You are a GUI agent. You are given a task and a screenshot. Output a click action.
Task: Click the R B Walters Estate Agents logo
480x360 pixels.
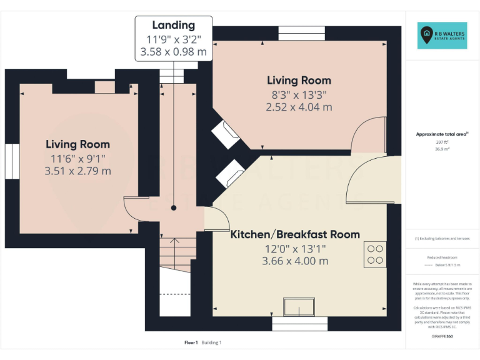442,36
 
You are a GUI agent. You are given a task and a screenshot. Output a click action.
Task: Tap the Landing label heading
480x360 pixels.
174,25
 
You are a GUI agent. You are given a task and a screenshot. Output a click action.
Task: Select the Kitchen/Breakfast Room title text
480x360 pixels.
295,234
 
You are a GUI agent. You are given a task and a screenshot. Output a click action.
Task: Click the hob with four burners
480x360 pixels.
375,253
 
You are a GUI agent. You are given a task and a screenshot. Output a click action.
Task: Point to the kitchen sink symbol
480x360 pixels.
299,307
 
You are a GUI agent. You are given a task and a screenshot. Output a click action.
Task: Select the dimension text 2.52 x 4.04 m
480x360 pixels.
299,107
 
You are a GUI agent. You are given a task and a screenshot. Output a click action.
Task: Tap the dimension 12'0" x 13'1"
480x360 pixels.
295,249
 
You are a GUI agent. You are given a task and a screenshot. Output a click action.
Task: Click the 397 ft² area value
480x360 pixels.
442,142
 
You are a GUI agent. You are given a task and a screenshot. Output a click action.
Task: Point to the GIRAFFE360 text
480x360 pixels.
442,337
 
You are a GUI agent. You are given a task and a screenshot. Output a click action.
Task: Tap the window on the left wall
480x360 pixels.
13,161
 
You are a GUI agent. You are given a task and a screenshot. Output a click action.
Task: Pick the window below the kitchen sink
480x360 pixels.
299,324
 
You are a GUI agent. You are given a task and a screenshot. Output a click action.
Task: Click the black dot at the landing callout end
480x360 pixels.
174,207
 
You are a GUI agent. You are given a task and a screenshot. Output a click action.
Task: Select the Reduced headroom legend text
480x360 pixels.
442,257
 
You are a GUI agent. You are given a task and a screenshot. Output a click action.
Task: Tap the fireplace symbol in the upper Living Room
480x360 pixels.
226,133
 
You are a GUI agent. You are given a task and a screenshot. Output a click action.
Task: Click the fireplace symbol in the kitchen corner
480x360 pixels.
229,173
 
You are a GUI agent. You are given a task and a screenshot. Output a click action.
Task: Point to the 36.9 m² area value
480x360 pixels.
442,149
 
